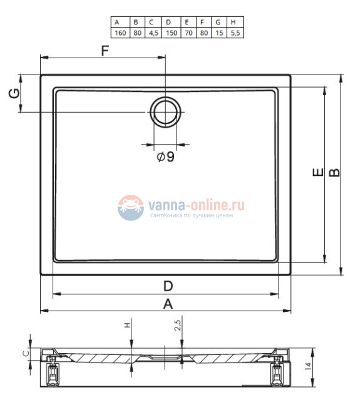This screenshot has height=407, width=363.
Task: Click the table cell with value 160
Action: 120,33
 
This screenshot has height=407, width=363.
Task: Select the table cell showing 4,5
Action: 153,33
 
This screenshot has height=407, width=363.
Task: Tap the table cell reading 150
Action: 171,33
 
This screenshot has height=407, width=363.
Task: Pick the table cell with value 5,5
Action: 235,33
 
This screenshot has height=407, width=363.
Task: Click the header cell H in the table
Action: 235,23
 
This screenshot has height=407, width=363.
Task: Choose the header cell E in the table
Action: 188,23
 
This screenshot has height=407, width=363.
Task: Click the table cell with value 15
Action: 219,33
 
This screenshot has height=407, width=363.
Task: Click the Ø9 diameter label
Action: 166,157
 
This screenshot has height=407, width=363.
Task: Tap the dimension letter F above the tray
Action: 105,51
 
